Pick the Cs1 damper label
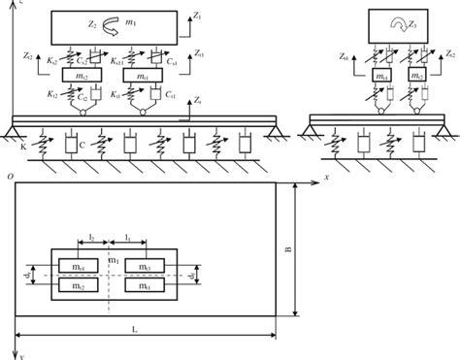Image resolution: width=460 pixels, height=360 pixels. (x=170, y=60)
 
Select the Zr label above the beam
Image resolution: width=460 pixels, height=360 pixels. (x=198, y=100)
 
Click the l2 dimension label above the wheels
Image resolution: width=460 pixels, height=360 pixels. (x=90, y=237)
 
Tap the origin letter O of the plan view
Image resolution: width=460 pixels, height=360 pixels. (x=9, y=178)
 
